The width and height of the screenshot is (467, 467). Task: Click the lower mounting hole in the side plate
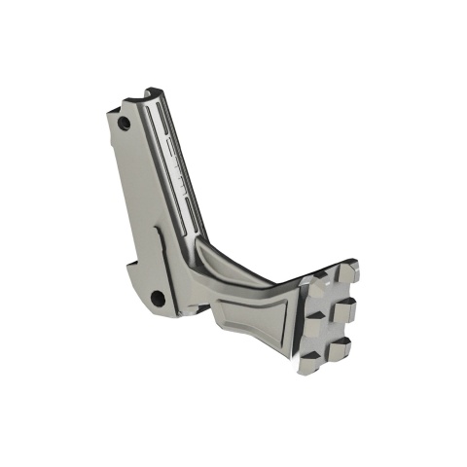tap(156, 297)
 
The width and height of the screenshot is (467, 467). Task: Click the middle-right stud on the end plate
tap(346, 309)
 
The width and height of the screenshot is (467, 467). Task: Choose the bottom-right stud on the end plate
tap(340, 348)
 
